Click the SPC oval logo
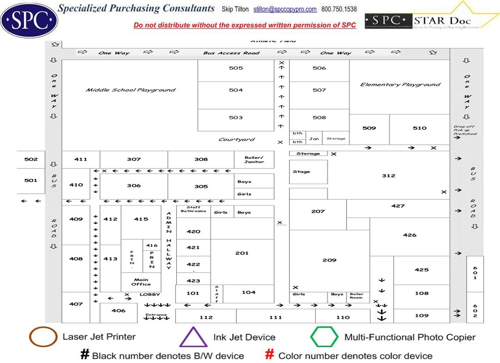coord(29,19)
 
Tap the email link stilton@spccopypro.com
coord(285,9)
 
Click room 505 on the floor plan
coord(236,68)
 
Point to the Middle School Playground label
coord(130,90)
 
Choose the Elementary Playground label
coord(400,85)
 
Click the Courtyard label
coord(236,140)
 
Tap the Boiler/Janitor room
coord(254,160)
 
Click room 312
coord(388,176)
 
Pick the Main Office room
coord(141,282)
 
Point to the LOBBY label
coord(150,295)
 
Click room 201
coord(242,253)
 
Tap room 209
coord(329,260)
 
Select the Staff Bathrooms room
coord(193,210)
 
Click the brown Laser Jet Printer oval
coord(43,337)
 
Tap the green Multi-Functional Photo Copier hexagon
coord(324,337)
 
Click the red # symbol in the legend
coord(270,355)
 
